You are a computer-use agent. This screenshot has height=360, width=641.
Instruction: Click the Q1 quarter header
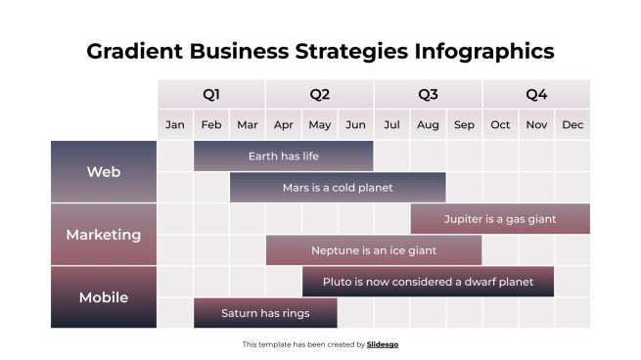click(211, 95)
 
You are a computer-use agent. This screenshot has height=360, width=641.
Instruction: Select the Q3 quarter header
click(428, 95)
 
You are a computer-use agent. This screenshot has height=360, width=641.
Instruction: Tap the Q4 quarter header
click(536, 95)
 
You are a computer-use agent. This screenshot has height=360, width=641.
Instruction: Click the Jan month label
click(175, 125)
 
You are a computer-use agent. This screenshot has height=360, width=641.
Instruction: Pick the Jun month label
click(356, 125)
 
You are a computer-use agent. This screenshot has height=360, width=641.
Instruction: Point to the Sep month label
click(464, 125)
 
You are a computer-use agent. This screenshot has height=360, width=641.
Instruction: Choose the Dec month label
click(572, 125)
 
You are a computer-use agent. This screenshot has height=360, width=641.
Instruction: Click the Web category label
click(104, 172)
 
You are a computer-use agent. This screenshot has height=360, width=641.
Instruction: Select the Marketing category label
click(104, 235)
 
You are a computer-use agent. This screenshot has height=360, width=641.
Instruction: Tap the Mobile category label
click(104, 297)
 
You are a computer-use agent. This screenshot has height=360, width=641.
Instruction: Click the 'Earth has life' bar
click(283, 157)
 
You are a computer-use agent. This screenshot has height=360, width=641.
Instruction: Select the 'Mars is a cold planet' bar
click(338, 188)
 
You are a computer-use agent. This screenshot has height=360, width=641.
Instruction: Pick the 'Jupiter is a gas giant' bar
click(500, 219)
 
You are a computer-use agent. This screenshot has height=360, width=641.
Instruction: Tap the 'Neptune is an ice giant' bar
click(374, 250)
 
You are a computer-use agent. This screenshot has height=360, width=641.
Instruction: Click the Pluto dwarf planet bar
click(428, 282)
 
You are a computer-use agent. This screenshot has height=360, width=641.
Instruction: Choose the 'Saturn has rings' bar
click(265, 313)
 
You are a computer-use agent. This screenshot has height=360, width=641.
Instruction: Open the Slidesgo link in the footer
click(383, 344)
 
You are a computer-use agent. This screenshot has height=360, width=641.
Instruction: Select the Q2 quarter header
click(320, 95)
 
